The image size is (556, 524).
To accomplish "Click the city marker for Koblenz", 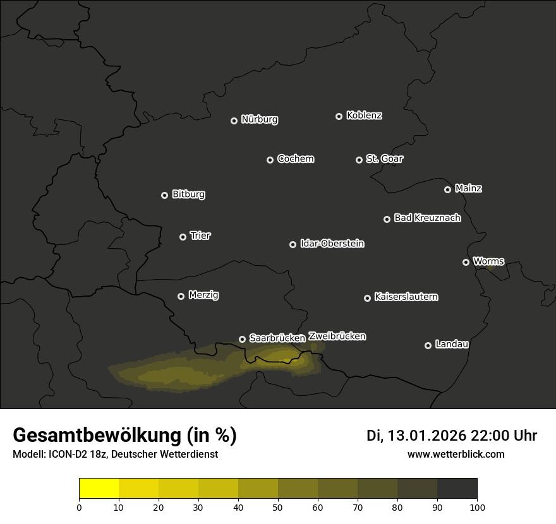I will pyautogui.click(x=339, y=116).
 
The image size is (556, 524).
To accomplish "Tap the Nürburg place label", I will pyautogui.click(x=259, y=119).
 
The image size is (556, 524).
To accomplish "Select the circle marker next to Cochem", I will pyautogui.click(x=270, y=160).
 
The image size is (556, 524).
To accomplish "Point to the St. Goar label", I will pyautogui.click(x=384, y=158).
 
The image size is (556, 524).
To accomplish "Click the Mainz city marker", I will pyautogui.click(x=447, y=189).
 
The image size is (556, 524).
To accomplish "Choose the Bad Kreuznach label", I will pyautogui.click(x=427, y=218).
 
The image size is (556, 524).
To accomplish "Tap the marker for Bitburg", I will pyautogui.click(x=164, y=195).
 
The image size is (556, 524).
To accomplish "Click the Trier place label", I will pyautogui.click(x=200, y=235).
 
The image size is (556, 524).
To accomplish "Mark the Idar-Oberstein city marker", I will pyautogui.click(x=293, y=244).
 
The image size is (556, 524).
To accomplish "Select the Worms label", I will pyautogui.click(x=488, y=261).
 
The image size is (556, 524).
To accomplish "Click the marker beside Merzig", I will pyautogui.click(x=181, y=296).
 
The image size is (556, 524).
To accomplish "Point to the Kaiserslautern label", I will pyautogui.click(x=406, y=297).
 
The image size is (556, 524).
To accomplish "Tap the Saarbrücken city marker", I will pyautogui.click(x=242, y=339).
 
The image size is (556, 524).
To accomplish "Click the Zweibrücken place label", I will pyautogui.click(x=337, y=336).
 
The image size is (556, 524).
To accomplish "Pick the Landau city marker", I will pyautogui.click(x=428, y=345).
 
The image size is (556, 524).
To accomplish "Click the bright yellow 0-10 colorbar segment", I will pyautogui.click(x=99, y=489).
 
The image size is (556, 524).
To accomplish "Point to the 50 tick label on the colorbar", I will pyautogui.click(x=278, y=507).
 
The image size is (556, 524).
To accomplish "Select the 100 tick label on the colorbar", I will pyautogui.click(x=477, y=507).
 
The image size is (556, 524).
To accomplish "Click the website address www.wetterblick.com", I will pyautogui.click(x=456, y=454).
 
